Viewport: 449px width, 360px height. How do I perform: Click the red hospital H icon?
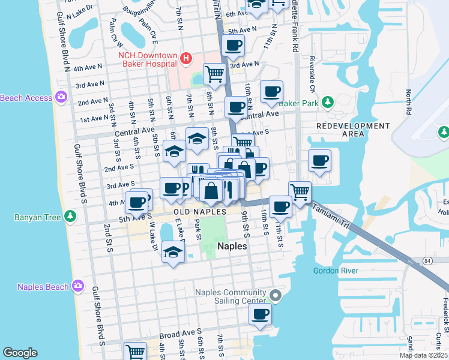coord(186,58)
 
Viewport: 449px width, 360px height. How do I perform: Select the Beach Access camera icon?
coord(61,97)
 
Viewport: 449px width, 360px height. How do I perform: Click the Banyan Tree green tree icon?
coord(71,216)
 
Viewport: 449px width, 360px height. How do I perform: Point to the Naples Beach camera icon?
coord(77,286)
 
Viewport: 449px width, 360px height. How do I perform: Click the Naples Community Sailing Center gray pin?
coord(276,295)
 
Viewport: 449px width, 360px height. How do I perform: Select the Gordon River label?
coord(336,271)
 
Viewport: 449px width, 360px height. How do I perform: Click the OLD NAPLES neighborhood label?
coord(200,212)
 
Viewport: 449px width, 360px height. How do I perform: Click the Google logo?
coord(20,353)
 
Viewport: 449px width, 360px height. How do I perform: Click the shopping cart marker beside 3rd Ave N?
coord(214,74)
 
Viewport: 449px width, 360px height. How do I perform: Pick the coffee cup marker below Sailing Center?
coord(260,314)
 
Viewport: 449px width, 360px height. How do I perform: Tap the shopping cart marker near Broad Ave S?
coord(135,352)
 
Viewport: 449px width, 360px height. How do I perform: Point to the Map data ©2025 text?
coord(423,355)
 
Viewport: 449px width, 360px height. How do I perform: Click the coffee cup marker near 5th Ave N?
coord(233,45)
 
